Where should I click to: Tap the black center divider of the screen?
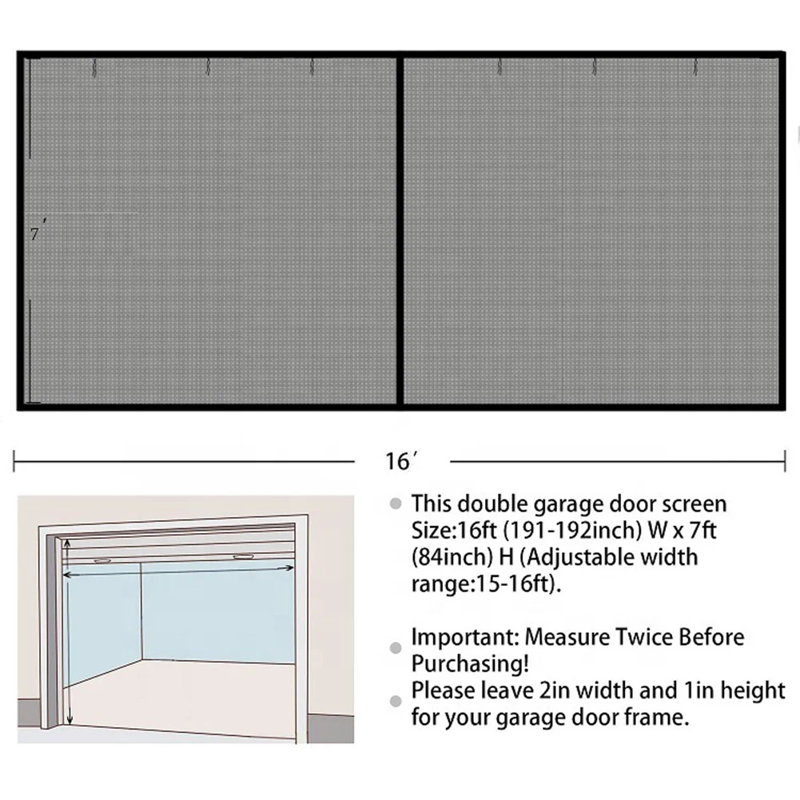coord(400,231)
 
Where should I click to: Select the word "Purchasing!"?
coord(470,664)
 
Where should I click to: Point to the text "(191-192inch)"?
coord(572,531)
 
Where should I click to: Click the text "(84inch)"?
coord(455,557)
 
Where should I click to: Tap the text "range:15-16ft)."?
coord(486,583)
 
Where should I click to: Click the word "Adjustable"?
coord(580,557)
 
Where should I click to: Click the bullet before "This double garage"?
coord(396,504)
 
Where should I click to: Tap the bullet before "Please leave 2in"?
coord(396,701)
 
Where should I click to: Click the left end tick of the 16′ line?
coord(14,461)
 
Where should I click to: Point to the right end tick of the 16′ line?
coord(785,461)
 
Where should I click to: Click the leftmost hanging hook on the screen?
coord(94,68)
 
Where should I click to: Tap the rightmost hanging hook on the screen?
coord(695,67)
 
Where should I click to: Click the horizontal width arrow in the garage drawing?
coord(178,571)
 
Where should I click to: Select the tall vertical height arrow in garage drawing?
coord(68,633)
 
